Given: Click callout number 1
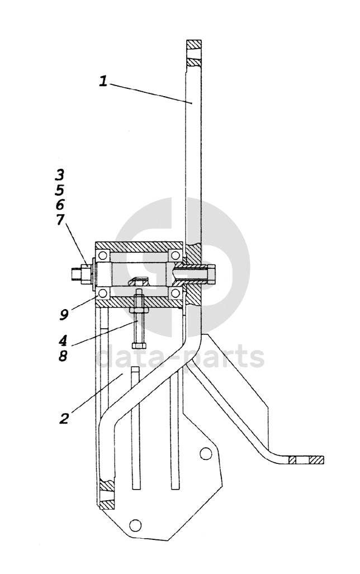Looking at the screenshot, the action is (x=103, y=81).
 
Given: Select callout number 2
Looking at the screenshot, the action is (x=64, y=418).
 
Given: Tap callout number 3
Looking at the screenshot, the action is (x=60, y=175).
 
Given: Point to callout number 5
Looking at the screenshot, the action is (x=60, y=189).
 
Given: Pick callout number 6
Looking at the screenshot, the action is (x=60, y=204).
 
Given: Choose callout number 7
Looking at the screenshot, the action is (x=60, y=219).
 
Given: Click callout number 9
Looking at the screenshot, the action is (x=64, y=315).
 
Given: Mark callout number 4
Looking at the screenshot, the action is (x=63, y=341).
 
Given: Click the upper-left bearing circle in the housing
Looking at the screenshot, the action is (x=103, y=255).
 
